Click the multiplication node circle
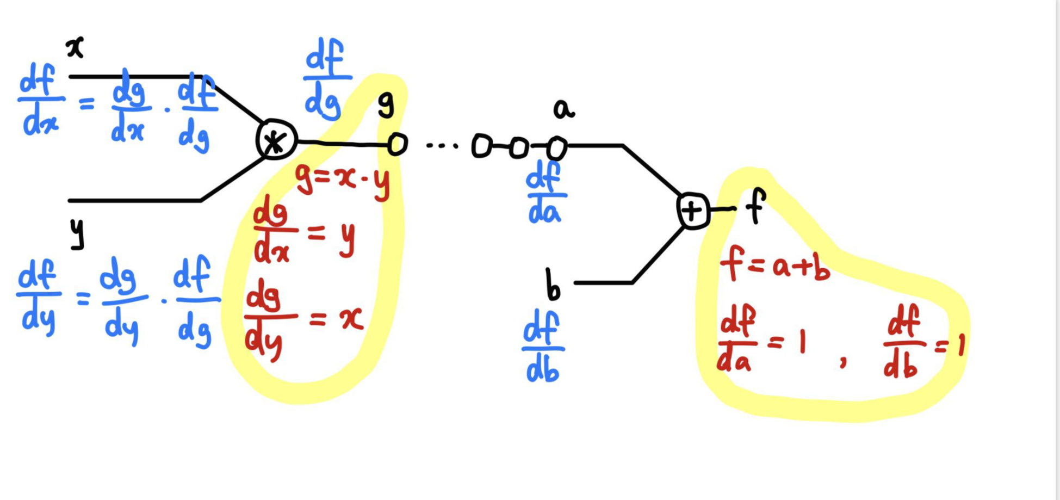pos(276,140)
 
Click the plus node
pos(693,211)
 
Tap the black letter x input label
pos(75,48)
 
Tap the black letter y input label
pos(78,233)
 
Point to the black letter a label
pos(563,109)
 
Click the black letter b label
pos(553,285)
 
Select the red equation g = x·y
pos(343,181)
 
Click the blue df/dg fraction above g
pos(325,79)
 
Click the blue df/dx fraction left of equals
pos(40,100)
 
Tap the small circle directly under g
pos(398,144)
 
